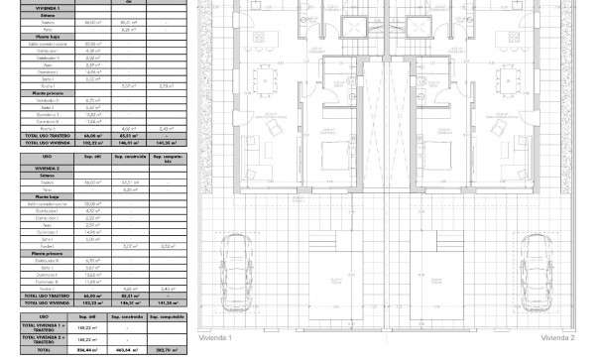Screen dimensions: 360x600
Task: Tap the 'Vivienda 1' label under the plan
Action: point(215,337)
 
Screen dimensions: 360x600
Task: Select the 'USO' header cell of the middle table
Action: point(47,157)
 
